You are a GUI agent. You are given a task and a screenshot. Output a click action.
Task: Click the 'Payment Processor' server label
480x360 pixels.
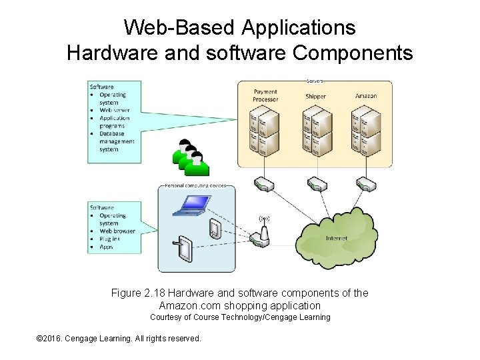click(265, 95)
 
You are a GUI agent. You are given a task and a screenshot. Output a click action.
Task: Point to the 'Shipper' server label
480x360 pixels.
click(315, 96)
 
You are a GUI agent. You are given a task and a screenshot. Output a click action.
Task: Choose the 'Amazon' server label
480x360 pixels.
click(365, 96)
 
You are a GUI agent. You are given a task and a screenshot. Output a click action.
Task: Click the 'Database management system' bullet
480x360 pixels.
click(117, 141)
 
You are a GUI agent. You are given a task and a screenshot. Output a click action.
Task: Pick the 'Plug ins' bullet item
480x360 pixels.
click(110, 239)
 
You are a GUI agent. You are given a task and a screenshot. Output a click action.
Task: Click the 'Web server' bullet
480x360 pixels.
click(114, 110)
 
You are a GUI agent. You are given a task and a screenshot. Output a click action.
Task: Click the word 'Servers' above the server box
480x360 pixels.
click(315, 81)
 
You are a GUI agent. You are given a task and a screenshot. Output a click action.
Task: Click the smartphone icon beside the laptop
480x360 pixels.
click(215, 229)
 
